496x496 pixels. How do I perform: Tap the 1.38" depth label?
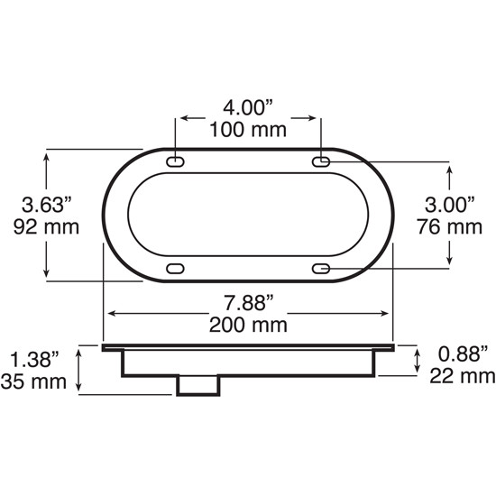point(35,361)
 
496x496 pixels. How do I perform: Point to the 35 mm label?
point(35,382)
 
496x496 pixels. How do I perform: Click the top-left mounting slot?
point(175,161)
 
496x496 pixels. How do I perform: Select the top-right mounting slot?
point(321,161)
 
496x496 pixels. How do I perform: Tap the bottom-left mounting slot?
point(175,268)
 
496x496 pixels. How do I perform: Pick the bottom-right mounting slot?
point(321,268)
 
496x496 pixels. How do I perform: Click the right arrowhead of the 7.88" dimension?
point(389,314)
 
